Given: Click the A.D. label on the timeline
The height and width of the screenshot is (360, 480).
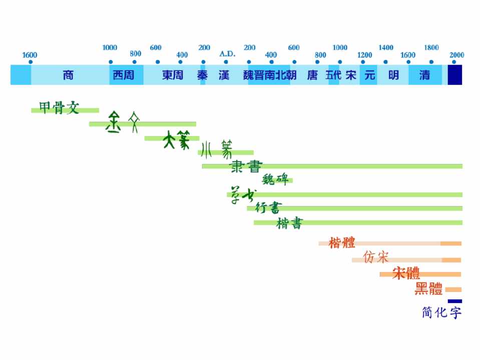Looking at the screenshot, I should (227, 53).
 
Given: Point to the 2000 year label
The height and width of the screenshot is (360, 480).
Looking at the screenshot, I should (456, 55).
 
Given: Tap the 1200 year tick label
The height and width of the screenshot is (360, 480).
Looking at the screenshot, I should (365, 55).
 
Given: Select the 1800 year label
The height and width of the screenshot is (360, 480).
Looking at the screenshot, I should (431, 48).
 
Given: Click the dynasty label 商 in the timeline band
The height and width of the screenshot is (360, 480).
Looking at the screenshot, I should (69, 75).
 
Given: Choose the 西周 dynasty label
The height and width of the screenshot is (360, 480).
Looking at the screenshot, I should (123, 75).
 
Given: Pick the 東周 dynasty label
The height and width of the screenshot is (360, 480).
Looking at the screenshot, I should (173, 75).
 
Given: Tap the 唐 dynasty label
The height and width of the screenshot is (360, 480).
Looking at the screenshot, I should (312, 75).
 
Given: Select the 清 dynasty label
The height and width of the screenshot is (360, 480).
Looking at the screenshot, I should (424, 75).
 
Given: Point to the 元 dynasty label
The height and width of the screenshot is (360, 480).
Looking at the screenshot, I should (370, 75).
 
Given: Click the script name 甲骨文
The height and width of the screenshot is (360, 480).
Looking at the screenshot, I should (59, 107).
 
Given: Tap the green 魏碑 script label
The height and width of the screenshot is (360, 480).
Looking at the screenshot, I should (276, 179).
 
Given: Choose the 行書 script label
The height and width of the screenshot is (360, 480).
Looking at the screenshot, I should (268, 207).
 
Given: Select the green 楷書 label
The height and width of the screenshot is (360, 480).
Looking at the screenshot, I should (289, 223).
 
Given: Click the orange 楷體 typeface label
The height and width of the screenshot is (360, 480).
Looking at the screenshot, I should (342, 243).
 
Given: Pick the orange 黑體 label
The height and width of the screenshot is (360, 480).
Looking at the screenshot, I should (428, 288).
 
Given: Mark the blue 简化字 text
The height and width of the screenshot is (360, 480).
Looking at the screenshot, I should (441, 313).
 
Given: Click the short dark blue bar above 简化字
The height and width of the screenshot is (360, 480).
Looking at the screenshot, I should (454, 301).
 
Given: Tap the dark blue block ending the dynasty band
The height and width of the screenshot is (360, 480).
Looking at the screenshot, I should (454, 74).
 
